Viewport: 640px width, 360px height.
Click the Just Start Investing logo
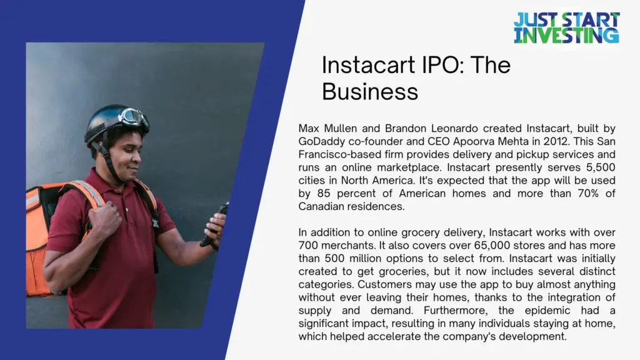point(566,28)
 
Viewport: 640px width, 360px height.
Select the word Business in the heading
point(370,91)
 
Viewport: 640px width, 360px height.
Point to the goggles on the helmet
point(134,117)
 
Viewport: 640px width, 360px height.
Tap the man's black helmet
point(114,122)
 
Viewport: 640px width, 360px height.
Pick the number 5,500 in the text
point(601,167)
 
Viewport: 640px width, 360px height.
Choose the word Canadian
point(322,206)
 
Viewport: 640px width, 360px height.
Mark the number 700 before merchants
point(307,245)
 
